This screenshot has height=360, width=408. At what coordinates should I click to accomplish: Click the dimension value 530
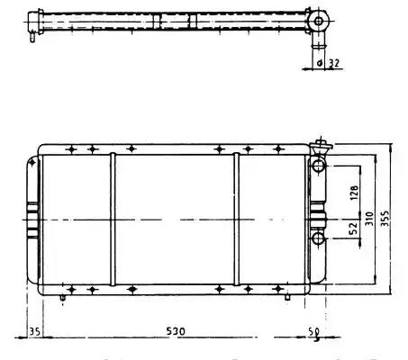[x=176, y=331]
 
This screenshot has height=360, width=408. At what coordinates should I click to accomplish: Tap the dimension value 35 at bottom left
[x=34, y=331]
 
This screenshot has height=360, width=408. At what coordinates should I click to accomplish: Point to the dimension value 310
[x=369, y=219]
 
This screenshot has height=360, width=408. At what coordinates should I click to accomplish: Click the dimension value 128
[x=354, y=193]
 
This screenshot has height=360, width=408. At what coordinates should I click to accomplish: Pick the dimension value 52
[x=354, y=228]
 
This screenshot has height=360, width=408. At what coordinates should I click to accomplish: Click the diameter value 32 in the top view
[x=333, y=63]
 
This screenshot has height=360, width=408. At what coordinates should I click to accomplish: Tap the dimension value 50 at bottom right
[x=313, y=332]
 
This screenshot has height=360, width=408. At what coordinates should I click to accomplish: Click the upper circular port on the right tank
[x=318, y=166]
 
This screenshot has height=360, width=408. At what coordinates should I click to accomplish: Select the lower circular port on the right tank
[x=318, y=238]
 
